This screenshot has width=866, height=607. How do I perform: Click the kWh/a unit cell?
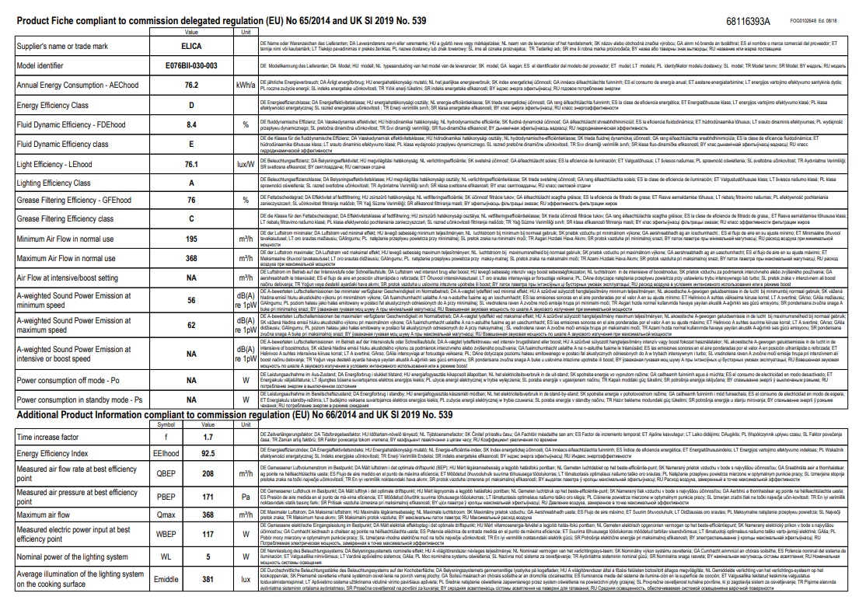[245, 85]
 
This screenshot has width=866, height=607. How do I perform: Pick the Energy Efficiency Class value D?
[191, 104]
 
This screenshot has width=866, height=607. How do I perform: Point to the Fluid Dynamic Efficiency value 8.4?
[191, 124]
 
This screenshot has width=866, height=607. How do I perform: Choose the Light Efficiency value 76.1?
[191, 163]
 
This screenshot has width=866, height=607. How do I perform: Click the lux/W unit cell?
[245, 163]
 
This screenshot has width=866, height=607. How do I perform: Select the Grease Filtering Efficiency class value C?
[191, 219]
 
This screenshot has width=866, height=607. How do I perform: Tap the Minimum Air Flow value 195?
[191, 239]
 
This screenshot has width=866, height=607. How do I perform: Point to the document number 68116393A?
[749, 22]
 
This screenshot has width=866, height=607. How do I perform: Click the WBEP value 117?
[208, 514]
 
